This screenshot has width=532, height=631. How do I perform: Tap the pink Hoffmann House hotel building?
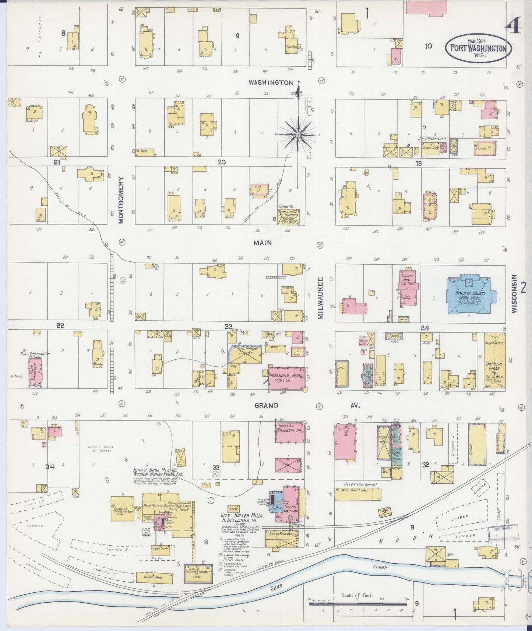click(x=287, y=378)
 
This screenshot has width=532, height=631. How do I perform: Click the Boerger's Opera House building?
click(x=494, y=362)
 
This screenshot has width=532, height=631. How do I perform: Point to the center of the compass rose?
click(x=297, y=135)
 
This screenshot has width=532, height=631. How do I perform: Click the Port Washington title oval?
click(x=479, y=49)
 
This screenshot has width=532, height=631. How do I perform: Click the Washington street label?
click(x=271, y=83)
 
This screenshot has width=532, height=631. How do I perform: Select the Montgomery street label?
click(x=121, y=200)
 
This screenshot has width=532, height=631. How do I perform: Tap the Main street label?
click(x=262, y=243)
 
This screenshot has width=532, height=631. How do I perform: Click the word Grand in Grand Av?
click(x=266, y=406)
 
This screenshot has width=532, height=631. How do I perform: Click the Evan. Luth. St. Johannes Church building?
click(x=289, y=217)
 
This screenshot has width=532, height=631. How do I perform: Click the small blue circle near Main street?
click(x=156, y=266)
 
